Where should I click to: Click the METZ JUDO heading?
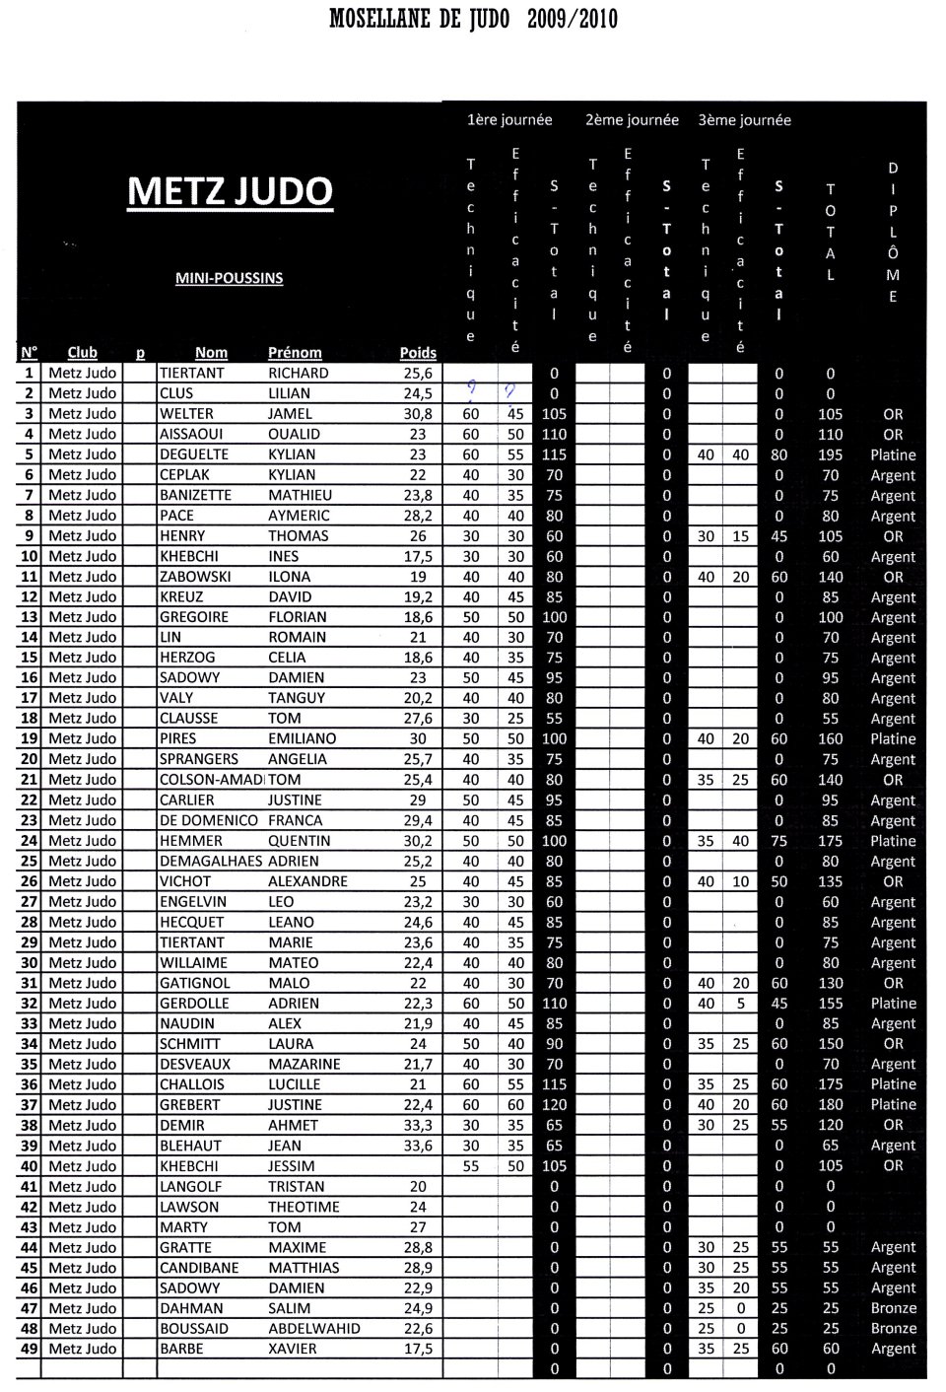click(230, 191)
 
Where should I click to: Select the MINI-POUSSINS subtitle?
click(229, 278)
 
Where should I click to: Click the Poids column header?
click(418, 353)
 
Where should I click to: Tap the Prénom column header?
click(295, 353)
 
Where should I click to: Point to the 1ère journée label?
click(509, 120)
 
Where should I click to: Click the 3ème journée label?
click(744, 120)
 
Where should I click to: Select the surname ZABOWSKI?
click(194, 577)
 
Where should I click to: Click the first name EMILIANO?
click(302, 738)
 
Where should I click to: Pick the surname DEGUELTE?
click(193, 454)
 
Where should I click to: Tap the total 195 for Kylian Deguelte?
click(831, 454)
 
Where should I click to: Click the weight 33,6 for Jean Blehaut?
click(418, 1146)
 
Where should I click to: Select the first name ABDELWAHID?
click(314, 1328)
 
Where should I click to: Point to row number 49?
click(29, 1349)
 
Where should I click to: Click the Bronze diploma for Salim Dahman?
click(893, 1308)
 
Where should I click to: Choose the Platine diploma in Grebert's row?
click(893, 1105)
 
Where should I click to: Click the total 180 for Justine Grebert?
click(831, 1105)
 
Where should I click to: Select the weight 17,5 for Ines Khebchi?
click(418, 556)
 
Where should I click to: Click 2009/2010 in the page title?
click(573, 19)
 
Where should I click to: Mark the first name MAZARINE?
click(304, 1065)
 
